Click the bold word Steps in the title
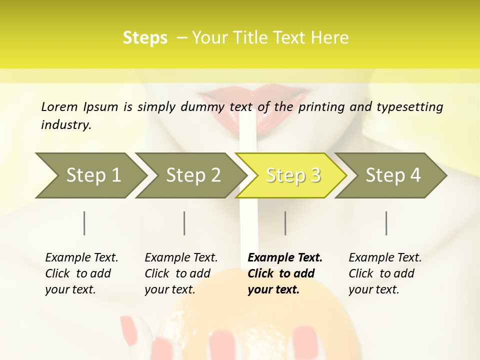(145, 38)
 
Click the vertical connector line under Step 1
(84, 223)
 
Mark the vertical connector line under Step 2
(184, 223)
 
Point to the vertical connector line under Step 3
(285, 223)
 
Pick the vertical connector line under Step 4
(386, 223)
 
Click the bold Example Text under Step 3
(285, 258)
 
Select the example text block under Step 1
(81, 273)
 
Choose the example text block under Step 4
(385, 273)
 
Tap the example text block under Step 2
(181, 273)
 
